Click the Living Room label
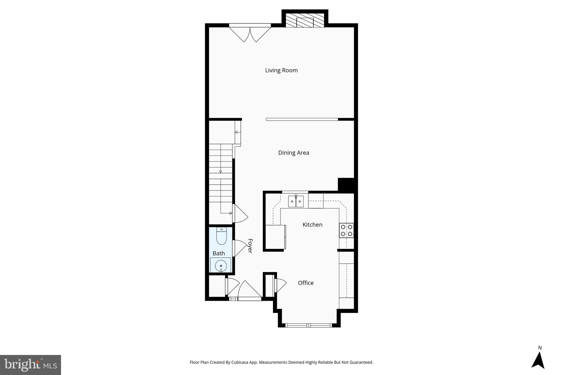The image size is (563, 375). click(x=281, y=70)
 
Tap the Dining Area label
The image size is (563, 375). click(x=294, y=153)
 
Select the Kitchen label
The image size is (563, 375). click(x=312, y=225)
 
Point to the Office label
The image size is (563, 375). click(x=306, y=283)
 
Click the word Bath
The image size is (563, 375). click(x=219, y=253)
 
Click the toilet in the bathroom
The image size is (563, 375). click(x=221, y=236)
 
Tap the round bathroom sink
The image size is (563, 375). click(x=221, y=266)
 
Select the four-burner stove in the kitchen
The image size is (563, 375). click(x=346, y=230)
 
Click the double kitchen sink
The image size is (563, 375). click(x=296, y=201)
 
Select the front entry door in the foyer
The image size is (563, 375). click(x=249, y=291)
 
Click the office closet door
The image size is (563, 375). click(x=280, y=285)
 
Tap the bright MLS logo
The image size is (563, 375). click(x=31, y=365)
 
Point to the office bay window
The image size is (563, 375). click(x=309, y=326)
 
